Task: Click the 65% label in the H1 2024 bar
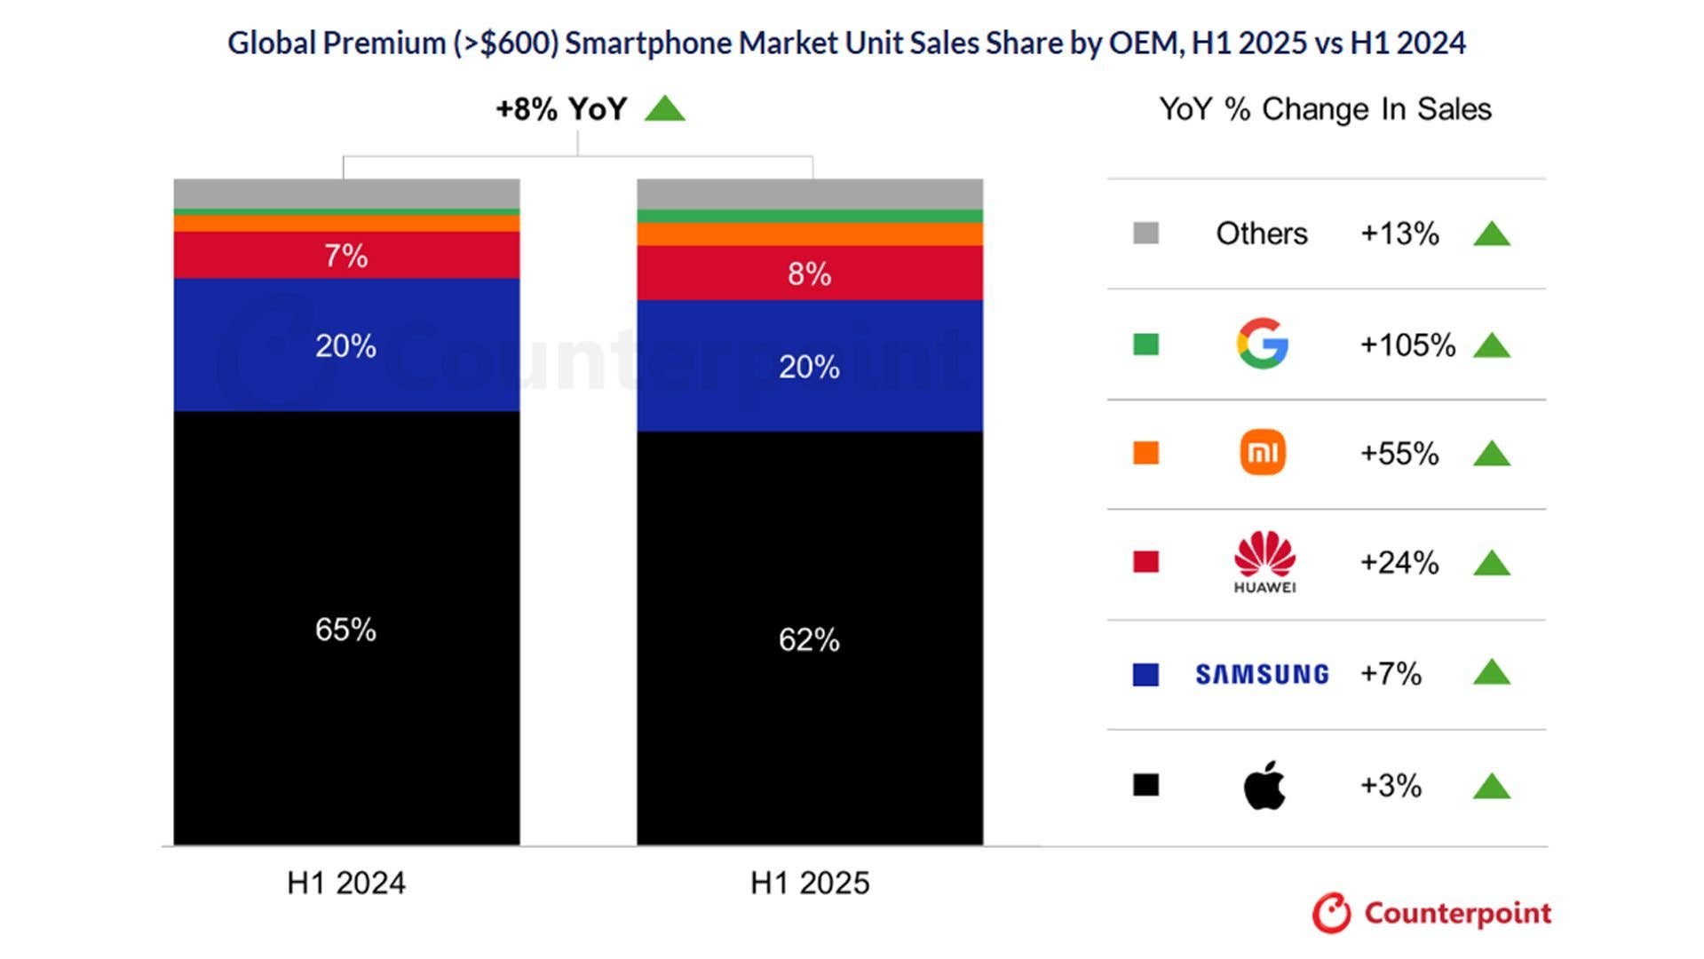[345, 630]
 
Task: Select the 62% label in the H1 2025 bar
[809, 639]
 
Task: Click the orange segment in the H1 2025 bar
[809, 234]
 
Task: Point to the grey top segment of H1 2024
[345, 194]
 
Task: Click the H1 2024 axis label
[345, 883]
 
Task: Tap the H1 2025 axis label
[809, 883]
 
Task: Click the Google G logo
[1262, 344]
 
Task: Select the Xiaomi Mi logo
[1262, 453]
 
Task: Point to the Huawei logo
[1264, 561]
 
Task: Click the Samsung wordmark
[1262, 675]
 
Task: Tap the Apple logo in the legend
[1264, 785]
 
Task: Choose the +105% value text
[1407, 345]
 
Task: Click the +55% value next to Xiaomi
[1399, 454]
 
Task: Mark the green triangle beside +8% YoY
[664, 109]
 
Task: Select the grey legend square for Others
[1145, 233]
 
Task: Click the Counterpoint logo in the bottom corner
[1431, 913]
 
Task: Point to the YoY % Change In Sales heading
[1325, 109]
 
